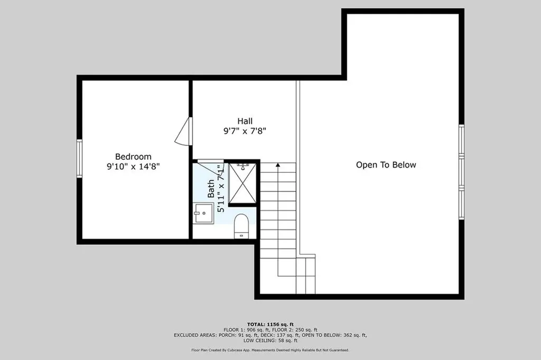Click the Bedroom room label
pos(133,156)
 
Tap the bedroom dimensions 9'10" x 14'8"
pos(133,167)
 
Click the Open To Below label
pos(386,165)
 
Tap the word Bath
pos(211,189)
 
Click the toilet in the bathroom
pos(241,226)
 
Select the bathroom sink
pos(203,214)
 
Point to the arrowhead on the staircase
pos(278,166)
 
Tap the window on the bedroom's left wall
pos(79,158)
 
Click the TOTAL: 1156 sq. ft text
pos(270,324)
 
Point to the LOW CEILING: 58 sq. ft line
pos(270,341)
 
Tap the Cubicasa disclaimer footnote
pos(270,350)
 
